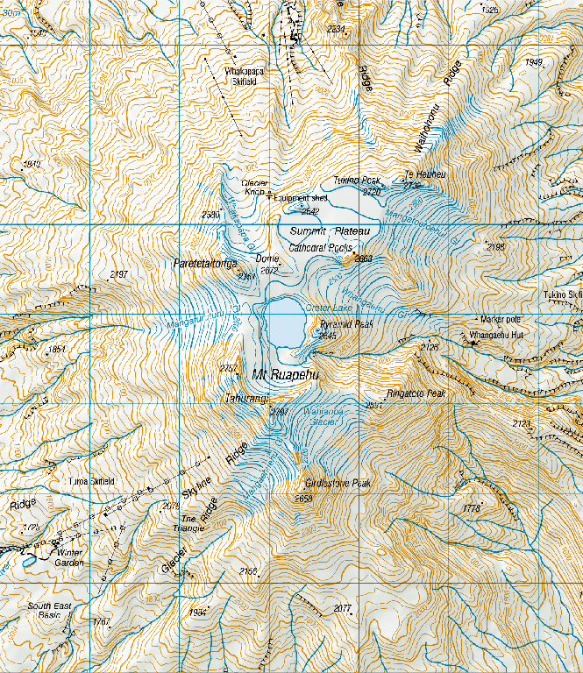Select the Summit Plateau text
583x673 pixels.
pyautogui.click(x=331, y=230)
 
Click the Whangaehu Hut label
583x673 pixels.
pyautogui.click(x=496, y=335)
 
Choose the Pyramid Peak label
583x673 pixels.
pyautogui.click(x=347, y=323)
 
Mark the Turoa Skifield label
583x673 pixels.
pyautogui.click(x=91, y=482)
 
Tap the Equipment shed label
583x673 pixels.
pyautogui.click(x=301, y=198)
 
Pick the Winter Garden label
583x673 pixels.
pyautogui.click(x=69, y=557)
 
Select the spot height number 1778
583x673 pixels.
pyautogui.click(x=470, y=507)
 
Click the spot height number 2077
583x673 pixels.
pyautogui.click(x=342, y=608)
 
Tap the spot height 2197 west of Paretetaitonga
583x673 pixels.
pyautogui.click(x=119, y=274)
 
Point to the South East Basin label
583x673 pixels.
pyautogui.click(x=44, y=611)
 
